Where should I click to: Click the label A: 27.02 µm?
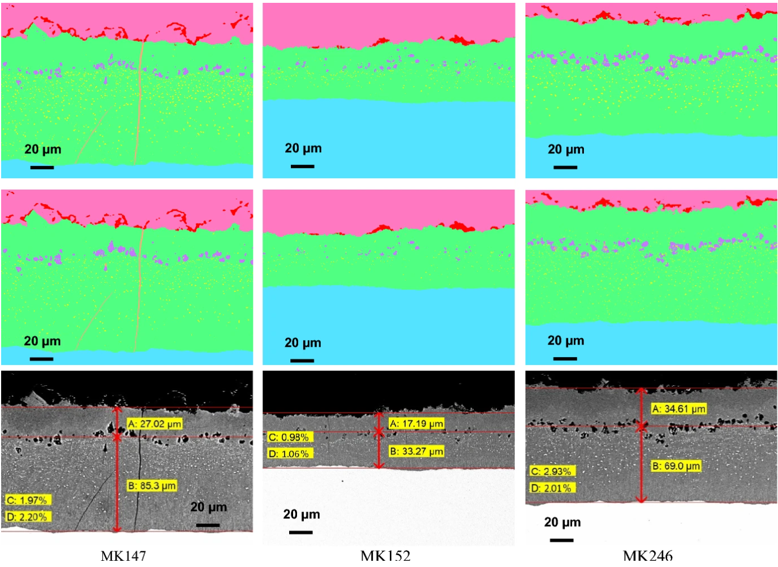(x=154, y=424)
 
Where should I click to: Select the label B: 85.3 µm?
(x=152, y=486)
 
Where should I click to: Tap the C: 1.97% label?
(x=27, y=500)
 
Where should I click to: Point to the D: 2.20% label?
(x=27, y=517)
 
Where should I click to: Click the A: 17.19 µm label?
(x=416, y=423)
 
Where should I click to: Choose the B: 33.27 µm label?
(x=416, y=451)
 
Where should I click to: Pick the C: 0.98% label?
(x=289, y=437)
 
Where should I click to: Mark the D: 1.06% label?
(x=289, y=453)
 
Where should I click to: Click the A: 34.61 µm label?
(x=678, y=409)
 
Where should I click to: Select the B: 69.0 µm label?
(x=676, y=466)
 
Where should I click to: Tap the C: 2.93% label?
(x=551, y=471)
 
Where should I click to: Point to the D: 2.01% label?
(x=551, y=488)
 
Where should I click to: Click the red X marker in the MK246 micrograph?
(x=641, y=426)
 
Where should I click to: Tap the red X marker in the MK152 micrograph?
(x=379, y=432)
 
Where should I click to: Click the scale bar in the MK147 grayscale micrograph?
(x=208, y=525)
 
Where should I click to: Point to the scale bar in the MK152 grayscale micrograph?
(x=300, y=532)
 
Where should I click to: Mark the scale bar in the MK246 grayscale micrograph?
(x=561, y=540)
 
